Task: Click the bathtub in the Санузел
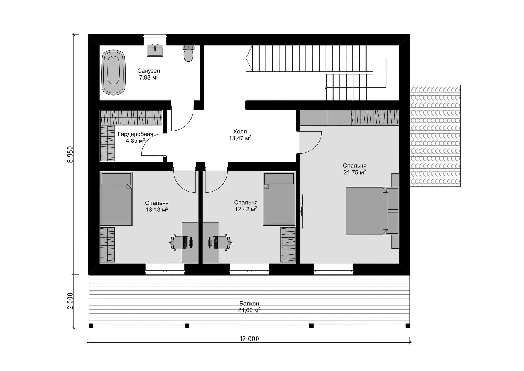[x=113, y=72]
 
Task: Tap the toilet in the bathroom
[x=188, y=53]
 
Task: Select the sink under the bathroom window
[x=155, y=50]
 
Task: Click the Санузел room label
[x=149, y=71]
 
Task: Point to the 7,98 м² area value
[x=149, y=77]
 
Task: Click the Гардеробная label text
[x=135, y=134]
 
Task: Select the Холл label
[x=240, y=131]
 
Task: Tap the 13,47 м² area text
[x=240, y=138]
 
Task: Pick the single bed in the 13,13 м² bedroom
[x=116, y=199]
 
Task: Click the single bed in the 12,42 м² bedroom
[x=279, y=199]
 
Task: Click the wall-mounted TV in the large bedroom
[x=302, y=211]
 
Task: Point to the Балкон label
[x=249, y=304]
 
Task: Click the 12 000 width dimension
[x=249, y=339]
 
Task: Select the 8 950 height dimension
[x=70, y=155]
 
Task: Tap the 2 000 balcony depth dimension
[x=70, y=301]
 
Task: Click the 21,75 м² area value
[x=355, y=172]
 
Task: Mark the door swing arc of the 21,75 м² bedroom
[x=315, y=147]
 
